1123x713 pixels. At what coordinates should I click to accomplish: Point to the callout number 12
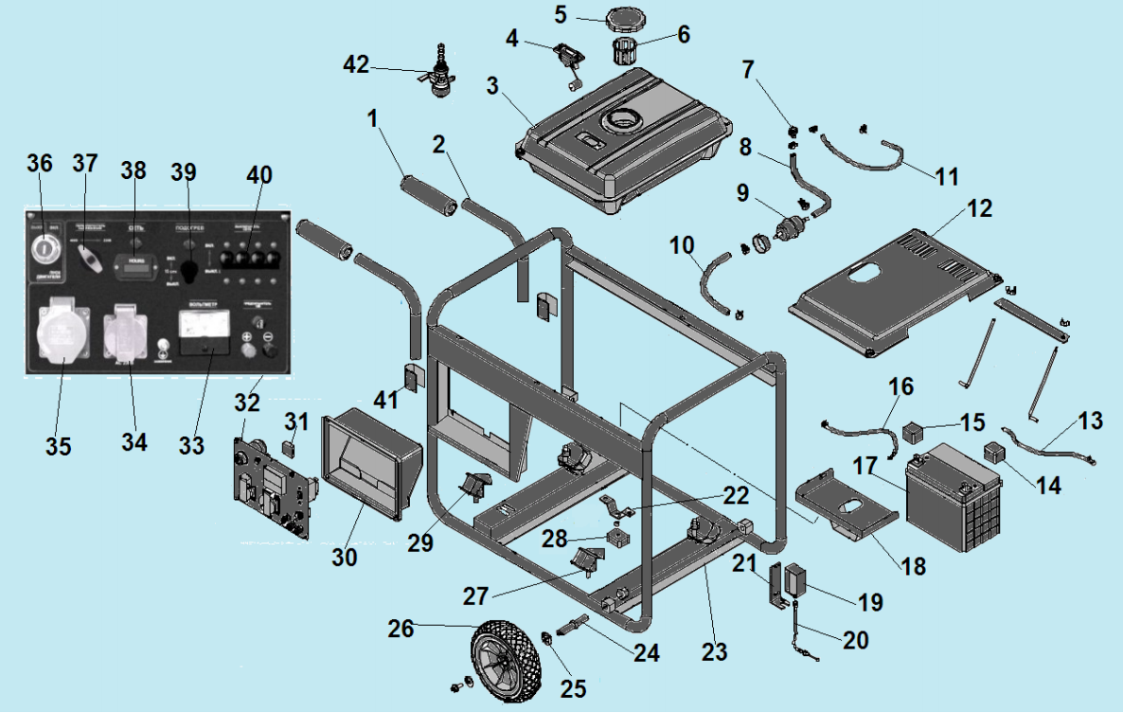click(980, 208)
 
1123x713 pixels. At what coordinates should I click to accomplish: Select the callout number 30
click(345, 558)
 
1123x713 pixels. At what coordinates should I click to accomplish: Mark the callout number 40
click(258, 175)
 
